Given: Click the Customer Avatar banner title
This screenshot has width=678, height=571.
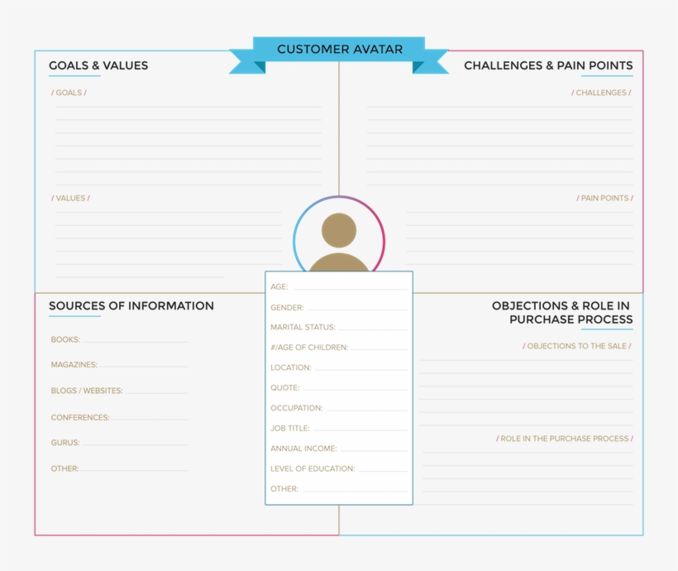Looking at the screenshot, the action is click(340, 50).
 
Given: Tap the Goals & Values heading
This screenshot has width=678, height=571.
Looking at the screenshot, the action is click(98, 65).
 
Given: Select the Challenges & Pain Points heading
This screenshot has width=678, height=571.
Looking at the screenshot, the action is click(548, 65).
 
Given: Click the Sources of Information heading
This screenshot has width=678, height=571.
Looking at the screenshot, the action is click(131, 305).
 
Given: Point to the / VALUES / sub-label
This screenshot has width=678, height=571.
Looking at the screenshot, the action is click(70, 199).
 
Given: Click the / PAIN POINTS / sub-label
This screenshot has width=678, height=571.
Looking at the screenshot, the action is click(604, 199).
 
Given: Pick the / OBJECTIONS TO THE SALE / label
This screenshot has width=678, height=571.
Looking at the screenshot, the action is click(577, 346).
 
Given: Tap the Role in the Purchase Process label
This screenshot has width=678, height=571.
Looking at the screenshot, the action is click(564, 439).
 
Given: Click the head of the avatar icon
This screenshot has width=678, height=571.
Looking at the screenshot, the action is click(339, 230).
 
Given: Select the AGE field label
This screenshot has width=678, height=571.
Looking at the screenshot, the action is click(279, 286).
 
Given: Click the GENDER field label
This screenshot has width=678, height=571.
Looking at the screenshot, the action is click(287, 308).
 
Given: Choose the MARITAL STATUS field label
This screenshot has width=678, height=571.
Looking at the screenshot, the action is click(303, 327).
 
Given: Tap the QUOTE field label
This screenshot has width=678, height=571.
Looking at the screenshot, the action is click(285, 388).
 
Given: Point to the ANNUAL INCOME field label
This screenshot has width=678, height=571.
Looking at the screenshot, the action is click(303, 449).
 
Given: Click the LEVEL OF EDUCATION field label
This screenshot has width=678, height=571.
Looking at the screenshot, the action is click(313, 469).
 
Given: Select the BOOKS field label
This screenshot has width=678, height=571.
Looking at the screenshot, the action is click(65, 340).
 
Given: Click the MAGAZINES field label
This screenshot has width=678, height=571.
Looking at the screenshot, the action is click(74, 365).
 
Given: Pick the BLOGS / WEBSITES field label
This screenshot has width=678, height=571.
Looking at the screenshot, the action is click(87, 391).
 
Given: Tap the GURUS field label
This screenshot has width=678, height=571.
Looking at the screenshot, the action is click(65, 443).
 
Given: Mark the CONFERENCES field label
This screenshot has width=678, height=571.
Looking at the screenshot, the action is click(80, 418).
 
